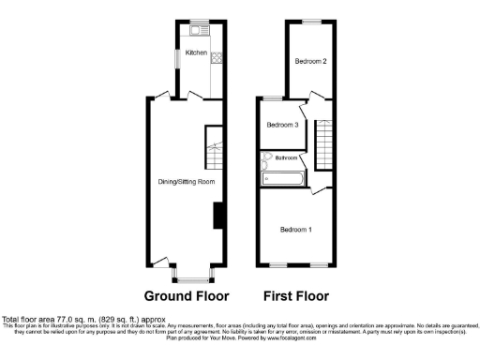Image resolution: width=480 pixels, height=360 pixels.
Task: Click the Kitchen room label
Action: pyautogui.click(x=196, y=52)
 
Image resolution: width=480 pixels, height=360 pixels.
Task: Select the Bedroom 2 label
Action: pyautogui.click(x=310, y=62)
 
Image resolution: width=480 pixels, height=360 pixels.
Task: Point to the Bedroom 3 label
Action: pyautogui.click(x=282, y=125)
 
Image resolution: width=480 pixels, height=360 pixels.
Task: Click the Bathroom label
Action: pyautogui.click(x=286, y=157)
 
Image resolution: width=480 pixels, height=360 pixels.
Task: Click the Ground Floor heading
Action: pyautogui.click(x=186, y=296)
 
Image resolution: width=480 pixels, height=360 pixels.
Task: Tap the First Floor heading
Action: pyautogui.click(x=295, y=296)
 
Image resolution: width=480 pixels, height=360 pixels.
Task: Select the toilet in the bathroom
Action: pyautogui.click(x=265, y=159)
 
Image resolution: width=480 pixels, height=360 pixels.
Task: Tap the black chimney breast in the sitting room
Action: pyautogui.click(x=217, y=216)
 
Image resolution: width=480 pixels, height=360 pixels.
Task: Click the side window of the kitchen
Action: pyautogui.click(x=181, y=57)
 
